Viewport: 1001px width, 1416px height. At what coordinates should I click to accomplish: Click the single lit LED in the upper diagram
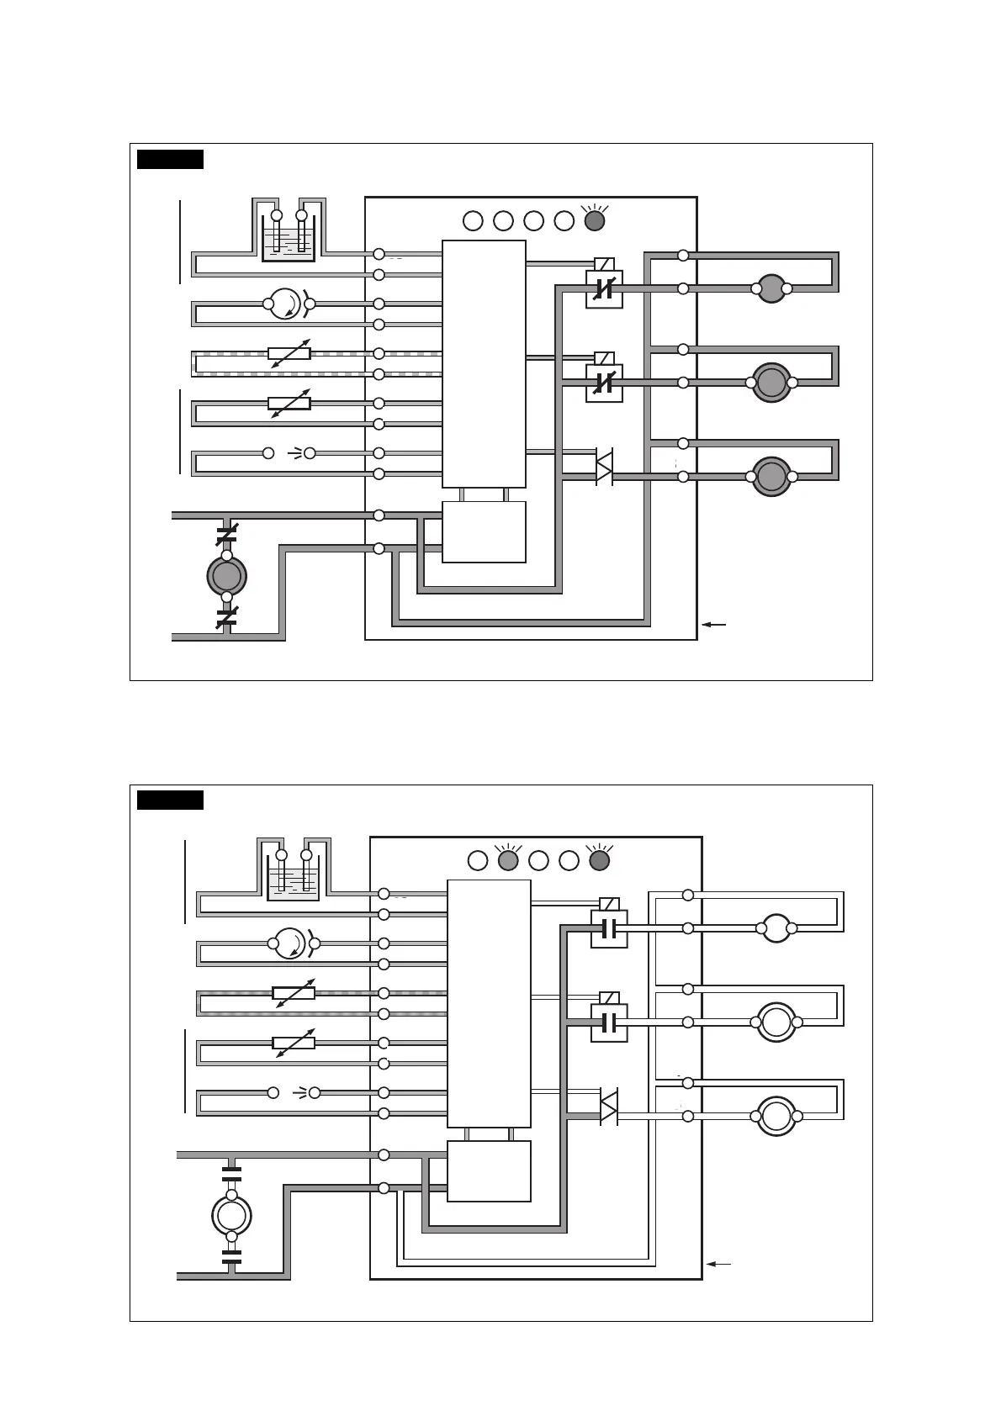point(594,221)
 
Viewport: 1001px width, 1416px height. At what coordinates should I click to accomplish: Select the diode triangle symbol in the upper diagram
point(604,467)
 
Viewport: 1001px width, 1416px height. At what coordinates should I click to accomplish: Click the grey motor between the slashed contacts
point(226,576)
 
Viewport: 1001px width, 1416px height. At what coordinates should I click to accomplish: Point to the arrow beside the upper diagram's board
point(713,625)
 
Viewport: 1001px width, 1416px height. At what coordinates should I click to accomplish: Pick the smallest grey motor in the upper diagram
point(771,288)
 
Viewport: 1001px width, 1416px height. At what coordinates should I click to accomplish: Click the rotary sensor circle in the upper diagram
point(286,304)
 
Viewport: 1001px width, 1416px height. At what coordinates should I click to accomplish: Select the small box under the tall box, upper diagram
point(484,531)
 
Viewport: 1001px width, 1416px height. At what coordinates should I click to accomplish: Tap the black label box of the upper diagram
point(170,159)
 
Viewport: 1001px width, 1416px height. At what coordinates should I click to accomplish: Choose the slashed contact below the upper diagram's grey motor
point(226,618)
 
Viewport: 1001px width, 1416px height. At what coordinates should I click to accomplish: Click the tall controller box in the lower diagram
point(489,1003)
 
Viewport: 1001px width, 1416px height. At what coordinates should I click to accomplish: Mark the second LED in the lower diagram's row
point(508,860)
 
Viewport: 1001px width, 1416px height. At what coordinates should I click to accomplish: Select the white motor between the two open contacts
point(231,1215)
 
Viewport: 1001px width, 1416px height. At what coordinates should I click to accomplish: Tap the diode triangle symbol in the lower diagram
point(608,1107)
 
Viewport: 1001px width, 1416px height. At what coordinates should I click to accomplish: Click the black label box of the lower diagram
point(170,800)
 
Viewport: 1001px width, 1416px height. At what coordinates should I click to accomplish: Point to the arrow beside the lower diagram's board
point(718,1264)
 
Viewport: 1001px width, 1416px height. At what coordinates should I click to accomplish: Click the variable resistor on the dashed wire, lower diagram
point(294,993)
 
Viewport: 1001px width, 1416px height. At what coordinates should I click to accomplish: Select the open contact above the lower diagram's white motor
point(231,1174)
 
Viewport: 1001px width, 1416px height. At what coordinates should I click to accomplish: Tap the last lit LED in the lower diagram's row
point(599,860)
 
